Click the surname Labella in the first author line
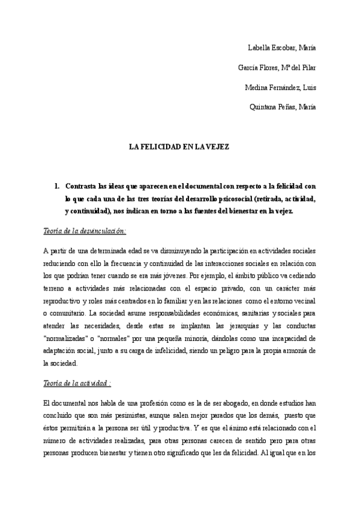point(259,47)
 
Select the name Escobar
point(285,47)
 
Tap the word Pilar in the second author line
point(308,67)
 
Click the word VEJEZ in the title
point(217,146)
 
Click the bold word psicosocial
point(224,199)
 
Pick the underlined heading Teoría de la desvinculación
point(85,230)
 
